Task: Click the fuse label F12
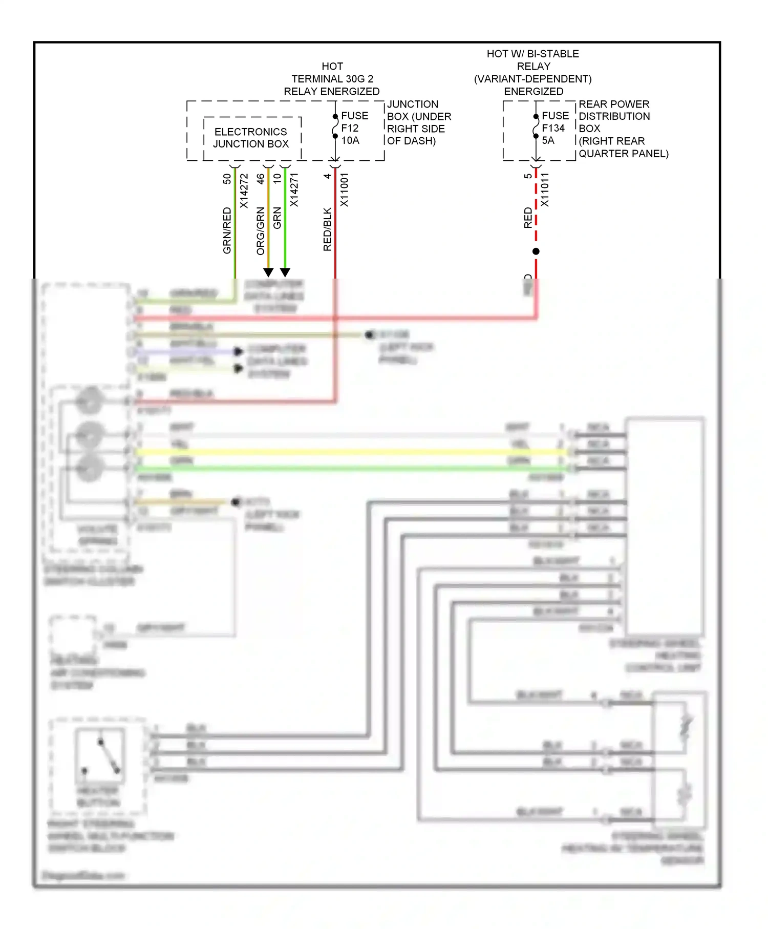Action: (350, 128)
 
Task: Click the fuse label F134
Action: (553, 128)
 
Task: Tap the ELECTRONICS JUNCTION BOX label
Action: (250, 138)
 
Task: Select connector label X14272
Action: (244, 191)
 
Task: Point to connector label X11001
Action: (345, 189)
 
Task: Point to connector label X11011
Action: (545, 189)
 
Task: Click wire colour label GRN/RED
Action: (227, 230)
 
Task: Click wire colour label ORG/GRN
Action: (261, 230)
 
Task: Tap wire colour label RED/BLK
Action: (327, 229)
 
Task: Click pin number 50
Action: (227, 179)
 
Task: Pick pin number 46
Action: (261, 179)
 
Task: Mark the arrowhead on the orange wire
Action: (268, 272)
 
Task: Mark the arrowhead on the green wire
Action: (285, 272)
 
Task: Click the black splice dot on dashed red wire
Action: (536, 251)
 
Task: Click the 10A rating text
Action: (350, 140)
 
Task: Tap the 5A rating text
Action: (548, 140)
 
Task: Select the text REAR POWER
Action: (613, 104)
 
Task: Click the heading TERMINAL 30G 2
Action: (332, 79)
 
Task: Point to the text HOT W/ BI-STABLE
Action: (532, 54)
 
